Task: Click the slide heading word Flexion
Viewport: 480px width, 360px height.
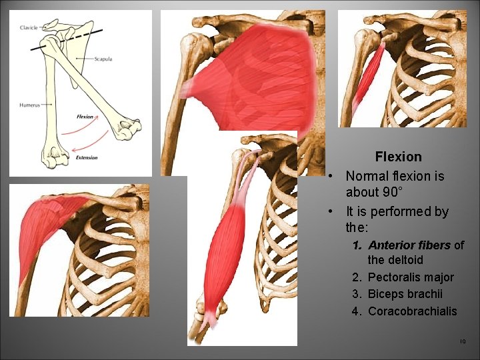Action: (x=398, y=157)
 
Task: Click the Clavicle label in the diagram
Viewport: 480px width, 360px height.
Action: (x=29, y=27)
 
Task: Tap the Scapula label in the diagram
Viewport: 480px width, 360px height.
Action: (x=103, y=59)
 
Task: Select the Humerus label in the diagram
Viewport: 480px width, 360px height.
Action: (x=29, y=105)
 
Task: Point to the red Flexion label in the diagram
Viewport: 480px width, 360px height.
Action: (x=85, y=117)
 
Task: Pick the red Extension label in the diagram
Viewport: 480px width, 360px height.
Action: (x=86, y=158)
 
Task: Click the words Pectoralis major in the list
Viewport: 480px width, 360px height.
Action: (x=411, y=277)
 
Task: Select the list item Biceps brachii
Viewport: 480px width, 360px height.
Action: (x=405, y=294)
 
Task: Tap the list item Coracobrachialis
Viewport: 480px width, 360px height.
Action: (x=413, y=311)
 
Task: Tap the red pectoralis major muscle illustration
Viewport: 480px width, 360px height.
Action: (x=253, y=73)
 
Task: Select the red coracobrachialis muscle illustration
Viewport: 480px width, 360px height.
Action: (x=368, y=77)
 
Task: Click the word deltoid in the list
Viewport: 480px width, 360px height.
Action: (x=405, y=260)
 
